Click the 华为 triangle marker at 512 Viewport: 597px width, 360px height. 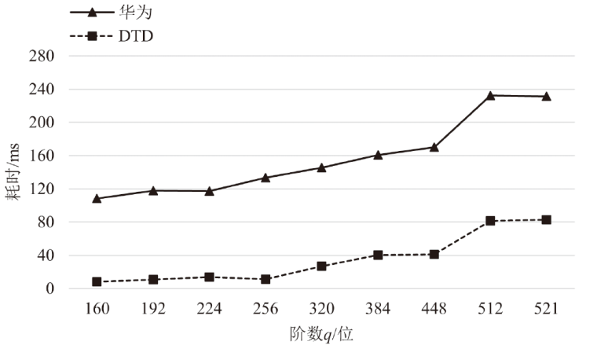[490, 95]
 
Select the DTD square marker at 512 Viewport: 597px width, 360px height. [490, 221]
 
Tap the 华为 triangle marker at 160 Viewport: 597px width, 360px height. [97, 198]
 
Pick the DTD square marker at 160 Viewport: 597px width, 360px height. [97, 281]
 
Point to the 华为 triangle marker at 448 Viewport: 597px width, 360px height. [434, 147]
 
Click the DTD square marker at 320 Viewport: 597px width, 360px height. [321, 266]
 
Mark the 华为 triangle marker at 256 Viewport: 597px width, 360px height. [266, 178]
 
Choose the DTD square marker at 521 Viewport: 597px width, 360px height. [546, 220]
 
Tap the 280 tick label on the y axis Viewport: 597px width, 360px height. [42, 57]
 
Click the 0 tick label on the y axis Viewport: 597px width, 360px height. [50, 288]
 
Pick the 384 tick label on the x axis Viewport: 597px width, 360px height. [378, 309]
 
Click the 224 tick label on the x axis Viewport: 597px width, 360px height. [209, 309]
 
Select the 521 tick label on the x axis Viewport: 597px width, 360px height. [546, 309]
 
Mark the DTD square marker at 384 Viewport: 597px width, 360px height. [378, 255]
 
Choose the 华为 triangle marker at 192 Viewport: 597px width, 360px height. [153, 190]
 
